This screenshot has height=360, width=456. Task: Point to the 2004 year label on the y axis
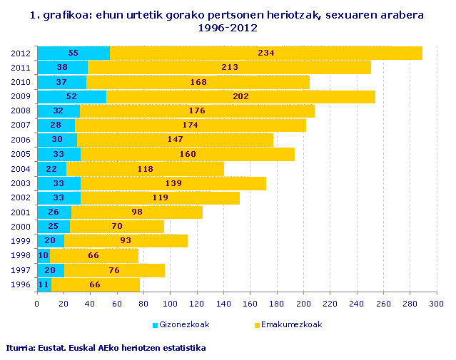click(x=21, y=169)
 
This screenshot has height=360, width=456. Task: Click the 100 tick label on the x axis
click(x=170, y=304)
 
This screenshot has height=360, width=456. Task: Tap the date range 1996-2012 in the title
click(x=228, y=28)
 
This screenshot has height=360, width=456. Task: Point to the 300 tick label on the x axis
click(x=436, y=304)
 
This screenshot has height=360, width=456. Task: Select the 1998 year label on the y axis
click(x=21, y=256)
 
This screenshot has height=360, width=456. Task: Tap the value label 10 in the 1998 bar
click(x=44, y=256)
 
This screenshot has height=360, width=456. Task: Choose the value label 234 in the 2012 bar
click(x=266, y=53)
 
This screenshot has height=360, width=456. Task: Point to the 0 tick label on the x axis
click(x=37, y=304)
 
